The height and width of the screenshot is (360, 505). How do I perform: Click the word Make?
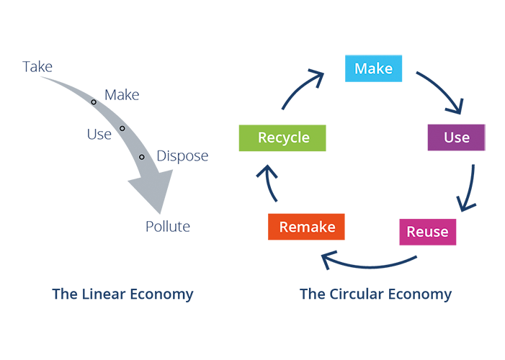point(374,69)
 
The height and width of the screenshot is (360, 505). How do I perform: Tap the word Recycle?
point(283,138)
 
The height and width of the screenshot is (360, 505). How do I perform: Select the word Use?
point(457,138)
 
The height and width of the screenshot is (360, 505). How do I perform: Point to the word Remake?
point(307,228)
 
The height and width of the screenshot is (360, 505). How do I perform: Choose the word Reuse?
point(427,232)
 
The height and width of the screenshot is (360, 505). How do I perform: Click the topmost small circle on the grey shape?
point(94,102)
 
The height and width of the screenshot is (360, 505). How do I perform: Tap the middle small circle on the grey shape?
point(122,128)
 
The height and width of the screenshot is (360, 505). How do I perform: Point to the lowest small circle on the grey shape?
point(142,157)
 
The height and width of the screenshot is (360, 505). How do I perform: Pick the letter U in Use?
point(448,138)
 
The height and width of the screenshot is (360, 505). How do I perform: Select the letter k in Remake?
point(320,228)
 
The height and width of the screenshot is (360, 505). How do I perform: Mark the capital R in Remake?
point(283,228)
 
